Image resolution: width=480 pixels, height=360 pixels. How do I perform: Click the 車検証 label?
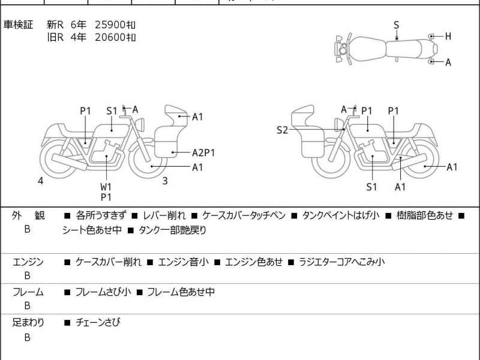[19, 25]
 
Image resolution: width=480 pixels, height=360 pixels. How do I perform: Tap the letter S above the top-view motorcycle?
[396, 25]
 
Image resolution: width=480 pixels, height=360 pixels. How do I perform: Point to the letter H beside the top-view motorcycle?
[448, 37]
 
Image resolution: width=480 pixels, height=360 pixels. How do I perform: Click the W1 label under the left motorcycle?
[106, 186]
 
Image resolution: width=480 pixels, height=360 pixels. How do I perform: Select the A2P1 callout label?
[203, 152]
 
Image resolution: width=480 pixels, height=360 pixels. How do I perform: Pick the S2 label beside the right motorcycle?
[282, 130]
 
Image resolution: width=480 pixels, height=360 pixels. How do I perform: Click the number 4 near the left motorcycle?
[41, 181]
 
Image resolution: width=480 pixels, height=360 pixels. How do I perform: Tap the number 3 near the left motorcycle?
[165, 181]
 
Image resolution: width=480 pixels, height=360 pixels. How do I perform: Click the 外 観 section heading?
[28, 215]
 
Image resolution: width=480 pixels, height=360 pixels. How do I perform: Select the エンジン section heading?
[28, 262]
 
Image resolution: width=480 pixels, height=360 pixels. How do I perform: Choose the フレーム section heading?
[28, 292]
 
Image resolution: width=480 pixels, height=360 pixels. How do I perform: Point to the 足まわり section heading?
[28, 323]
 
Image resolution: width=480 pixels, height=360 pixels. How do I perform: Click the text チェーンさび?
[98, 323]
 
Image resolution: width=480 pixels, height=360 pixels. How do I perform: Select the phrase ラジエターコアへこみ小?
[341, 262]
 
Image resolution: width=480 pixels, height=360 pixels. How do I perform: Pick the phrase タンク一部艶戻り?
[172, 229]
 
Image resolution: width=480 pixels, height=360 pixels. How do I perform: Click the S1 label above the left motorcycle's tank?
[112, 110]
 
